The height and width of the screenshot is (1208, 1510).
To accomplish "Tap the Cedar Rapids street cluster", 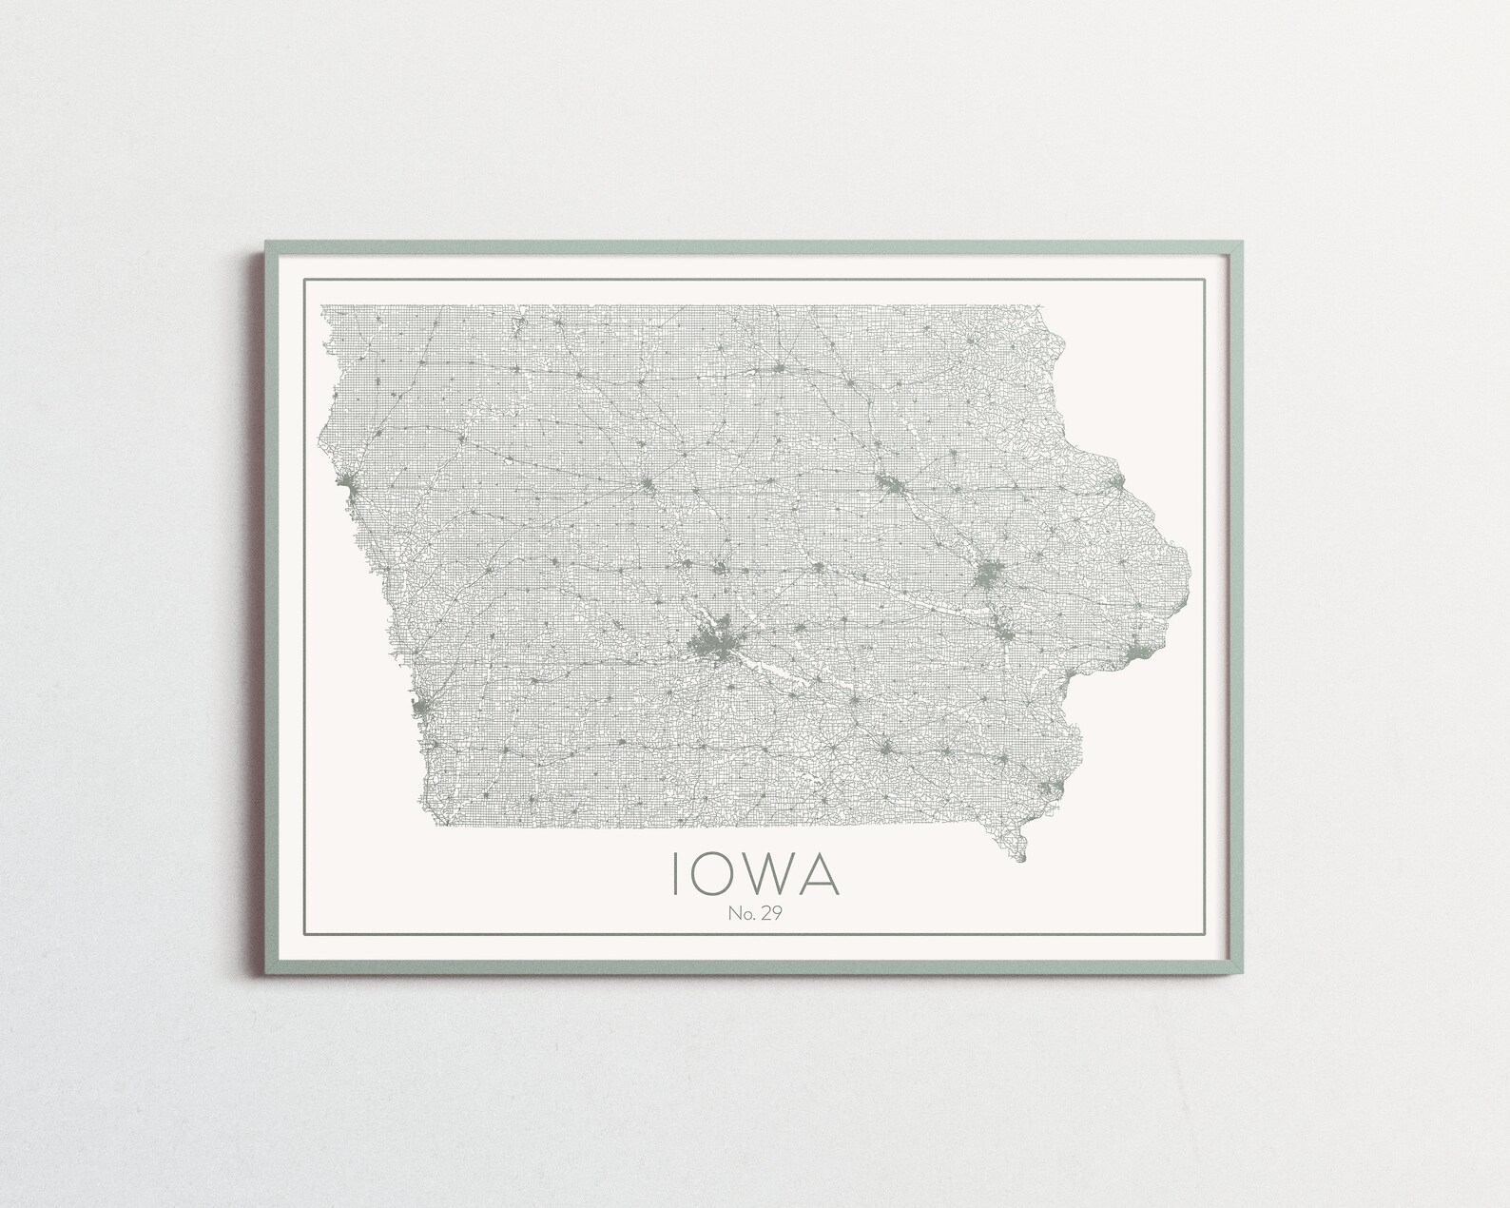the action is (x=990, y=575).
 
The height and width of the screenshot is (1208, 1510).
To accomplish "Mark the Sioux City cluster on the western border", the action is (x=354, y=492).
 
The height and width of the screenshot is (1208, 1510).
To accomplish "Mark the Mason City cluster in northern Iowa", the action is (x=779, y=367).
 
